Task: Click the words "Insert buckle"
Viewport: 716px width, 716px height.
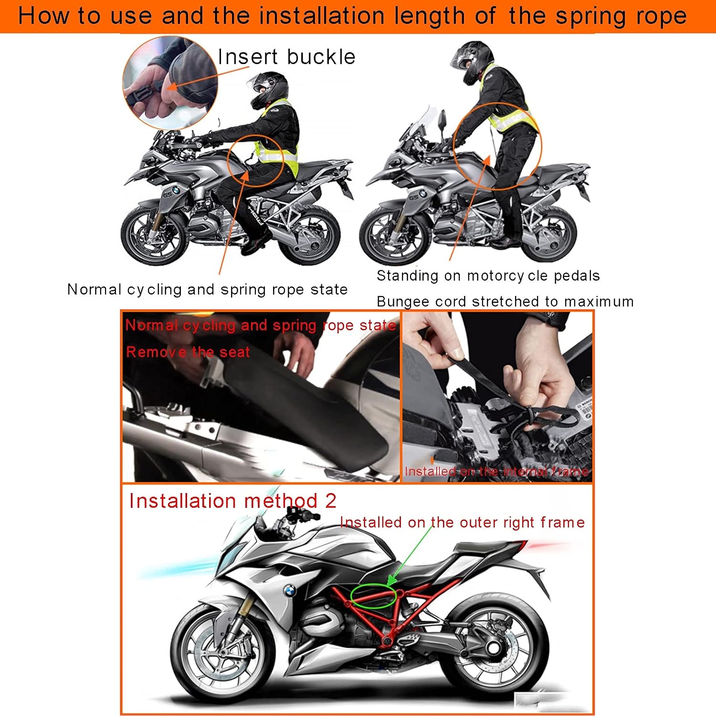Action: pos(286,57)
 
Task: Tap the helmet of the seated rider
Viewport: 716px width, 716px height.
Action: pos(270,88)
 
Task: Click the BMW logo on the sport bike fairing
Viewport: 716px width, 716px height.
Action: pos(289,591)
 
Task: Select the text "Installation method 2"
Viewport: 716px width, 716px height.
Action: pos(232,501)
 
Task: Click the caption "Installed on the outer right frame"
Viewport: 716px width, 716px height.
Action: pos(462,523)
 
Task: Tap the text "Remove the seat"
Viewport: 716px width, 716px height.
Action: pos(188,352)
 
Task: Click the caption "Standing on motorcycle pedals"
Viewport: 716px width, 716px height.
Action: pos(488,276)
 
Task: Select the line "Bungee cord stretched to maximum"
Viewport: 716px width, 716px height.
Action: pos(505,302)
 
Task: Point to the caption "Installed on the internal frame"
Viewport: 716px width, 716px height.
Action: pos(496,472)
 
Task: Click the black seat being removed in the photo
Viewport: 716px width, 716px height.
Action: pos(305,420)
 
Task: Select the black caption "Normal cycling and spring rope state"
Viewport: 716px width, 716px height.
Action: pos(207,290)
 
